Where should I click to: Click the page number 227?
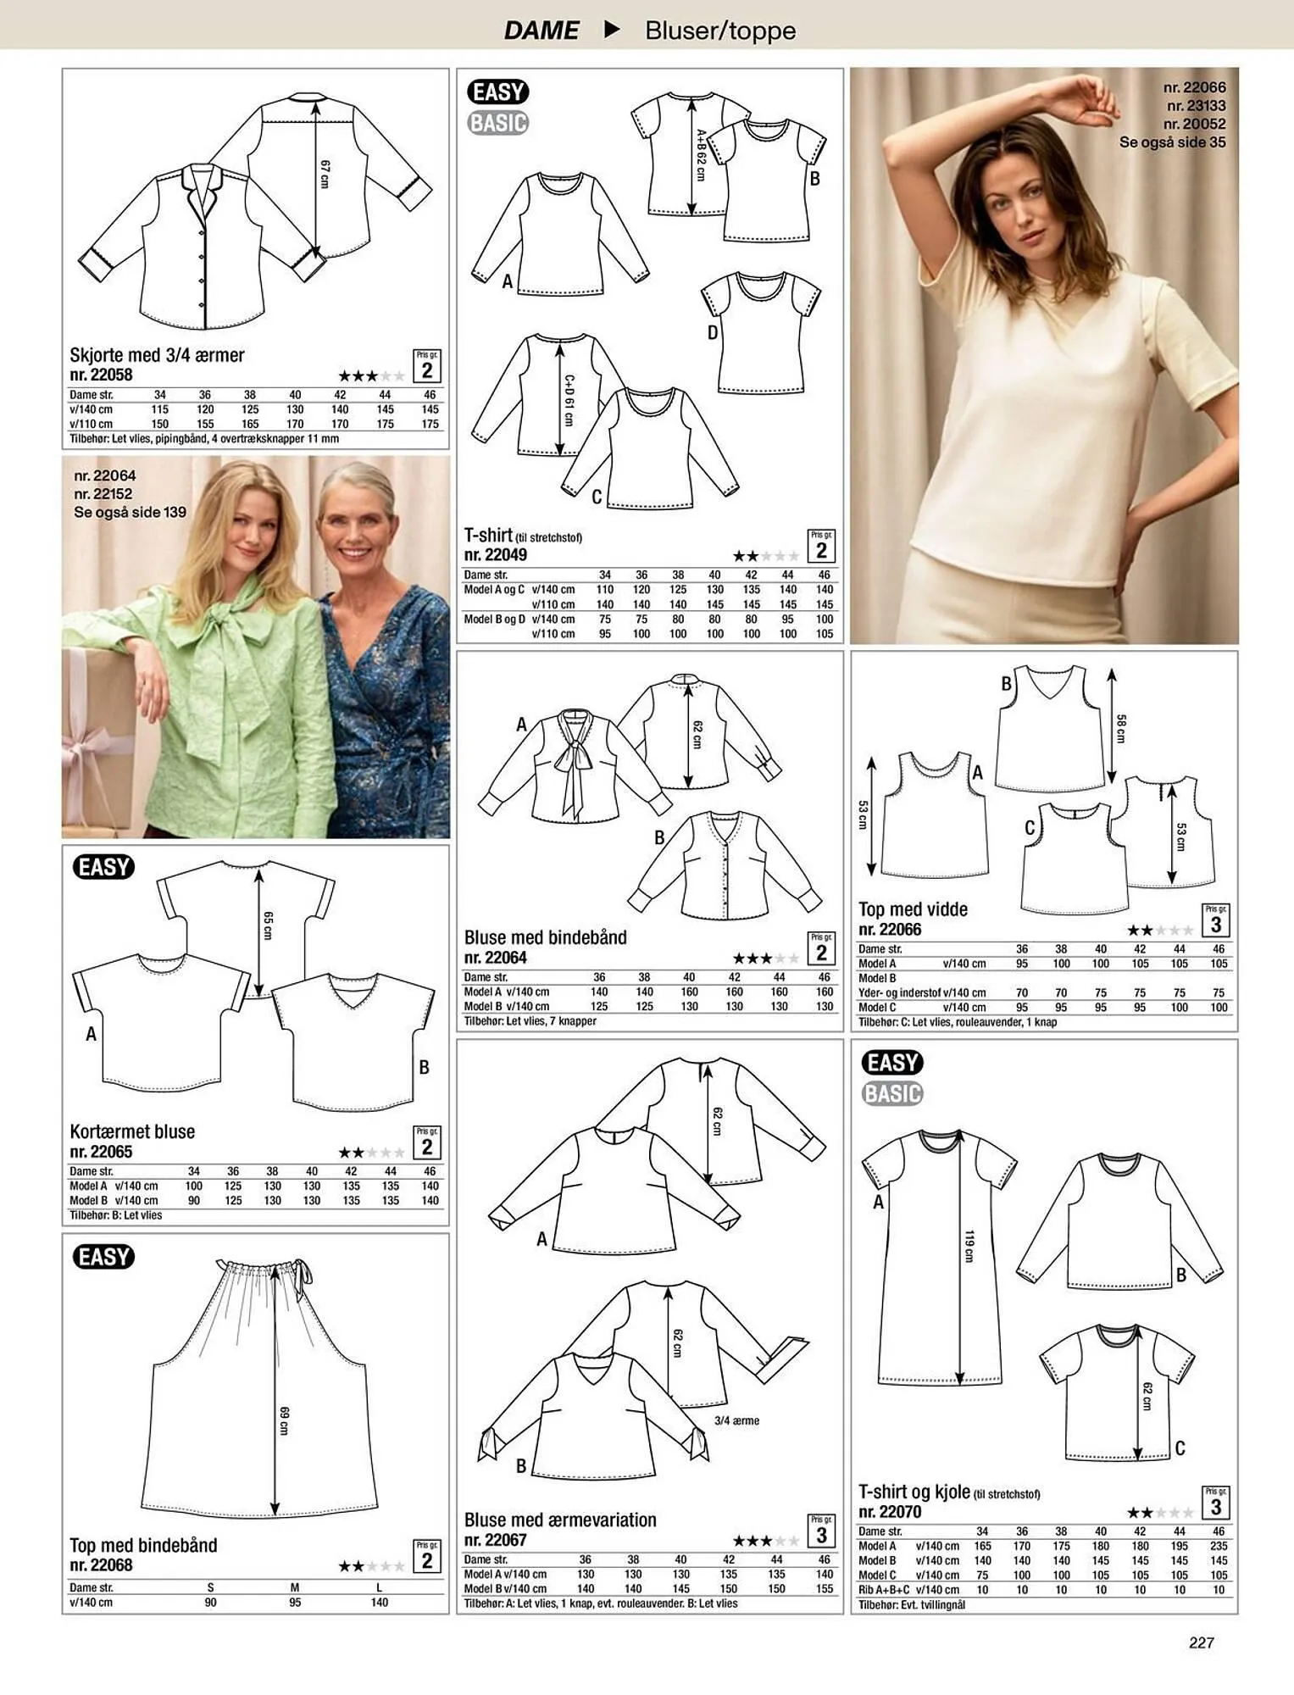point(1201,1642)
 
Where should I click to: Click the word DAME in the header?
point(541,31)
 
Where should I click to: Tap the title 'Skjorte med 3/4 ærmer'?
point(157,355)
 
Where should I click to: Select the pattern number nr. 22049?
point(495,555)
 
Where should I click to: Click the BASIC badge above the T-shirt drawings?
point(497,123)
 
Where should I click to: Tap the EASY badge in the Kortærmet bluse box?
point(104,867)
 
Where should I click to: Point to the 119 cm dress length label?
point(969,1246)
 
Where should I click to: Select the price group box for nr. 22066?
point(1215,920)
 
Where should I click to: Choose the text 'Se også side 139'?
point(130,513)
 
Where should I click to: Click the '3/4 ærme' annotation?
point(736,1420)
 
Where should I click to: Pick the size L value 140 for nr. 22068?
point(379,1603)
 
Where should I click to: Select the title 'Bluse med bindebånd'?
point(545,937)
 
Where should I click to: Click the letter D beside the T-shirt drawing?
point(713,333)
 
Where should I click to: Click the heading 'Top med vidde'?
point(913,909)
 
